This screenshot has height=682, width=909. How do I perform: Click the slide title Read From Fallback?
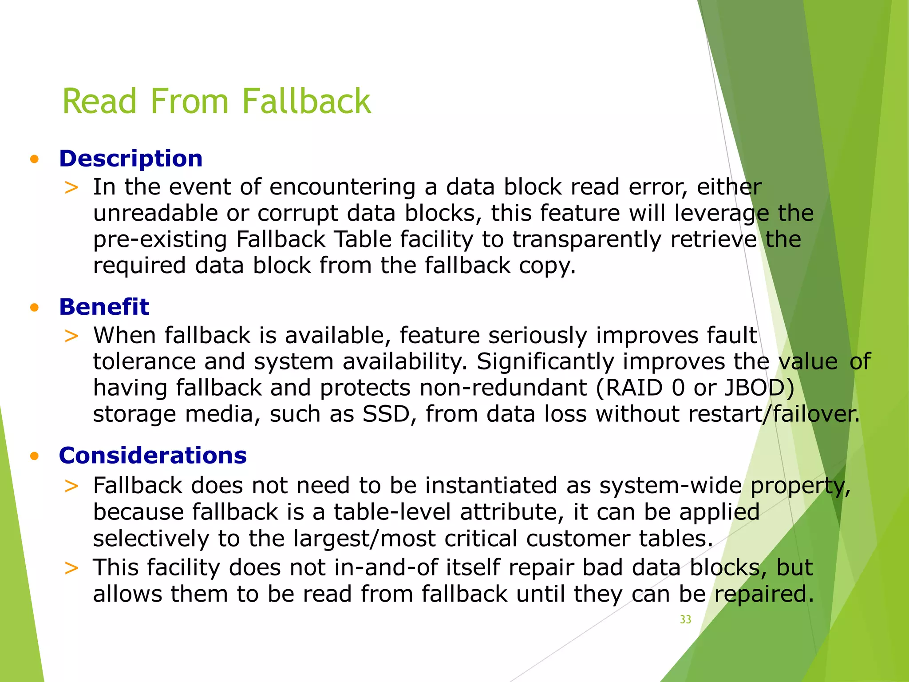coord(217,101)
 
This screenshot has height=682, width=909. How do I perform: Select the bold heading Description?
coord(131,159)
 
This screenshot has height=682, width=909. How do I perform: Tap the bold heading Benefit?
coord(104,307)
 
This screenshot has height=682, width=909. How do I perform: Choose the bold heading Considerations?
coord(153,456)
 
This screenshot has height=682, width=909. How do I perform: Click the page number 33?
coord(685,619)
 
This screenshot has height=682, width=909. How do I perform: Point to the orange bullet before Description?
coord(35,159)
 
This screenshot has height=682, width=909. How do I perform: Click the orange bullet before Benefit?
coord(35,307)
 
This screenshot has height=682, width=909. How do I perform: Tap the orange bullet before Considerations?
coord(35,456)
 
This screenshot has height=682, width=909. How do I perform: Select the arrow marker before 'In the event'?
coord(71,187)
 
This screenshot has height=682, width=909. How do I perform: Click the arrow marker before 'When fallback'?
coord(71,336)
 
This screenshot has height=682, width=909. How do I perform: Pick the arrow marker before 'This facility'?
coord(71,568)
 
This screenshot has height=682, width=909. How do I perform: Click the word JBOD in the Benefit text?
coord(759,388)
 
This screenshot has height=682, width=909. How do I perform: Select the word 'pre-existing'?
coord(160,240)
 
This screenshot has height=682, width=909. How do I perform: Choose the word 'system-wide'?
coord(670,485)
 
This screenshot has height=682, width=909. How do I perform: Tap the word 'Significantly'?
coord(545,361)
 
